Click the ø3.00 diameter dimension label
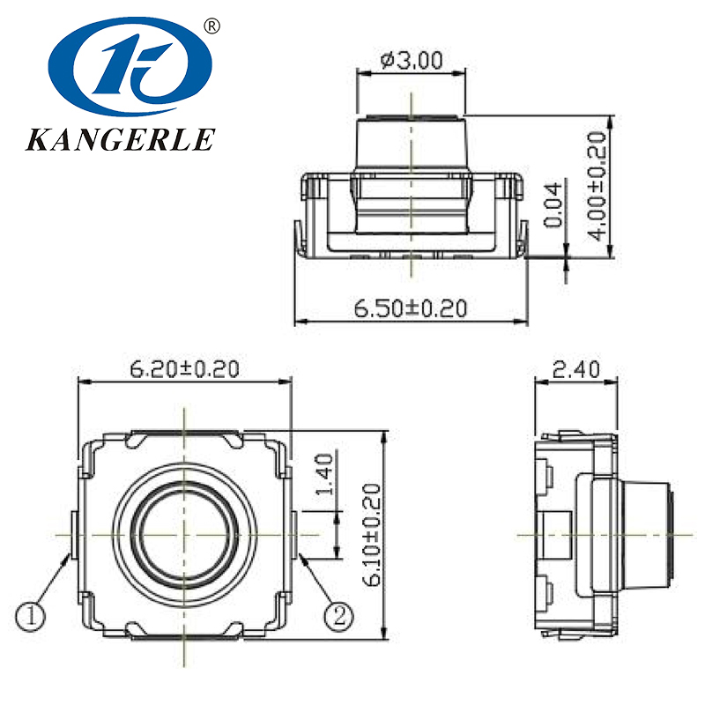tap(412, 61)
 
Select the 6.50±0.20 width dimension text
tap(410, 308)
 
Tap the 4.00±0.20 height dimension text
tap(598, 186)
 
